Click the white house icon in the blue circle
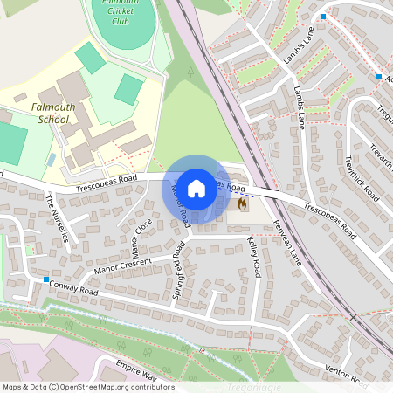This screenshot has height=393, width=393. point(196,189)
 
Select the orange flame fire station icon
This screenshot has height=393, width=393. point(242,203)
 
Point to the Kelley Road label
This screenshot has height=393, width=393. point(254,257)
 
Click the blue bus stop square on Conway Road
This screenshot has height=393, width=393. point(45,279)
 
